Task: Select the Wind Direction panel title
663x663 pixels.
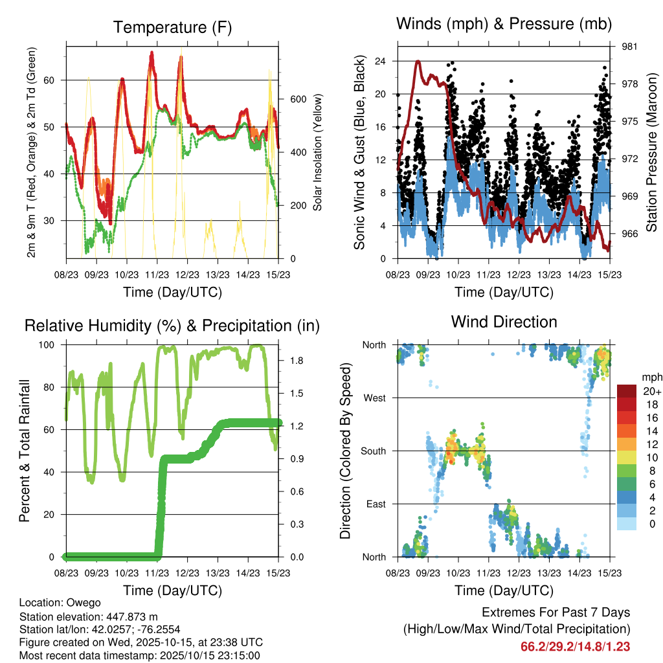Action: pos(504,322)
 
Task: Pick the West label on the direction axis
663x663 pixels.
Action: pos(374,398)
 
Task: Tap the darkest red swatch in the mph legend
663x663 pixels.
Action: pos(627,391)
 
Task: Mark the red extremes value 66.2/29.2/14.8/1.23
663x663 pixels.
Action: pos(575,646)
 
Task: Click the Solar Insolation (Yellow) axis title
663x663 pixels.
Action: pos(318,152)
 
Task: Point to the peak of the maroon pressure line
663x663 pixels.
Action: pos(418,62)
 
